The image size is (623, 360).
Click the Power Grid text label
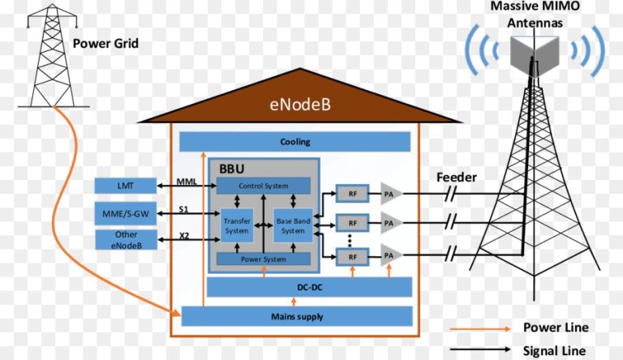105,43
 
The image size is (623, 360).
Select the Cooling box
294,141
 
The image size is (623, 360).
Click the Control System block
263,186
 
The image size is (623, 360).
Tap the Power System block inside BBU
263,259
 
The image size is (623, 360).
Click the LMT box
125,186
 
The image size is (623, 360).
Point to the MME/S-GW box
125,214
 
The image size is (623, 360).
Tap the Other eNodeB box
125,240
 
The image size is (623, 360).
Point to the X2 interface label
186,236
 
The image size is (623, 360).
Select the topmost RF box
352,194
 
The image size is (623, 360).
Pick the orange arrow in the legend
474,328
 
